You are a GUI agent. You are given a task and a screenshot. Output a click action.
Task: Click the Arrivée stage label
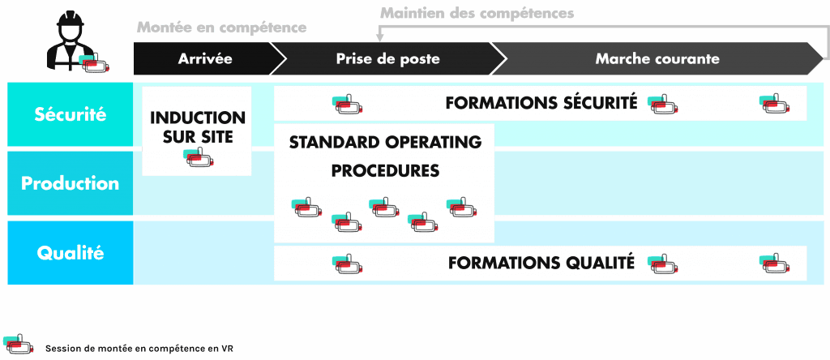(x=205, y=59)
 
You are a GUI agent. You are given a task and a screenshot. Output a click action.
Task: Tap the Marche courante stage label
(x=657, y=59)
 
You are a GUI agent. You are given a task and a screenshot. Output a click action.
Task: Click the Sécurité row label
(x=71, y=114)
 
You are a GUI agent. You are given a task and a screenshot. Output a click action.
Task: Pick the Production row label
(x=71, y=183)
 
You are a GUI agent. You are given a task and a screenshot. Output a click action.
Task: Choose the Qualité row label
(x=71, y=253)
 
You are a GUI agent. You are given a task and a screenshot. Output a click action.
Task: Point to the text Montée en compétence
(x=221, y=28)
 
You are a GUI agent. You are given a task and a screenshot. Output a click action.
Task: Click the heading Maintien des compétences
(x=477, y=13)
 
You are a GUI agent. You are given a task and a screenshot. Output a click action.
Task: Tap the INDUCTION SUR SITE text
(x=197, y=128)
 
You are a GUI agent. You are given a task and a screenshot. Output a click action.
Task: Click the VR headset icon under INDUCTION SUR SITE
(x=198, y=158)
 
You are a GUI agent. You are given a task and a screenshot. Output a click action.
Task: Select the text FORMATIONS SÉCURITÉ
(x=541, y=103)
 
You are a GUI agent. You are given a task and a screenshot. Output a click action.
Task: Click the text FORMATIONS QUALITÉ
(x=541, y=263)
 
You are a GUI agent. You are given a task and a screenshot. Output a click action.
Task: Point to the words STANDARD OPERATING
(x=385, y=143)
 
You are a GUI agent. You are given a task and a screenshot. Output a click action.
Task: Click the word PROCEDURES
(x=364, y=171)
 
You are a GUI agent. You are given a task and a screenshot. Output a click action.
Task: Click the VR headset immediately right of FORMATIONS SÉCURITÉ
(x=661, y=104)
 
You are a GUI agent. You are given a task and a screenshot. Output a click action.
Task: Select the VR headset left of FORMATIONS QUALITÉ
(x=347, y=264)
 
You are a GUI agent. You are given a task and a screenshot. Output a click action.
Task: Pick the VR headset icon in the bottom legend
(x=17, y=345)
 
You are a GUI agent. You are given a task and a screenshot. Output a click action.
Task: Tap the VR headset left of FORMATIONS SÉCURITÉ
(x=347, y=104)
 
